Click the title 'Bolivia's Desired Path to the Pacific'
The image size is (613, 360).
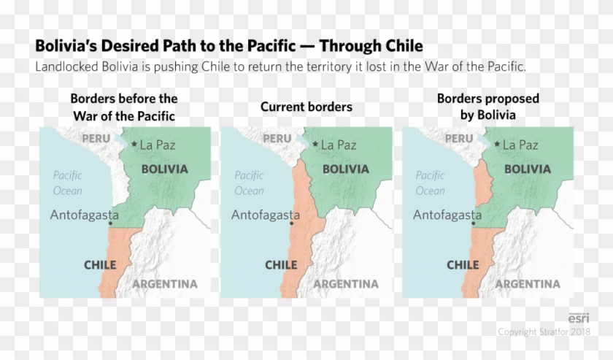(228, 46)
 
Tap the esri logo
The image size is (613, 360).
(579, 318)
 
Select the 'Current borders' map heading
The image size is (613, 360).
(306, 107)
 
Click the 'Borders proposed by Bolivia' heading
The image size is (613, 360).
(487, 107)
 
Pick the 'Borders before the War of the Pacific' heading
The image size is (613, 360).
(124, 107)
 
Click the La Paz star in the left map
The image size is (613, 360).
(134, 145)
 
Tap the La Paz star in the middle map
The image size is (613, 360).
(315, 145)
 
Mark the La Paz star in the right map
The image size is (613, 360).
(497, 145)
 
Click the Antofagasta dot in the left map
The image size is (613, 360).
(109, 223)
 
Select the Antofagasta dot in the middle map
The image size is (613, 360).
(291, 223)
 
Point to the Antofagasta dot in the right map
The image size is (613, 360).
(473, 223)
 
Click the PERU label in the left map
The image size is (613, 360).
(96, 139)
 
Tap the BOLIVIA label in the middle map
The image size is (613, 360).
(346, 169)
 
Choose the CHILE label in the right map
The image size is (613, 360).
(463, 265)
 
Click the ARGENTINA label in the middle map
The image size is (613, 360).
(346, 283)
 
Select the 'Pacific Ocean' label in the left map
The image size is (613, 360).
(68, 183)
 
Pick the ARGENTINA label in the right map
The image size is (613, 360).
(528, 283)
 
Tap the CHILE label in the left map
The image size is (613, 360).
(100, 265)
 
